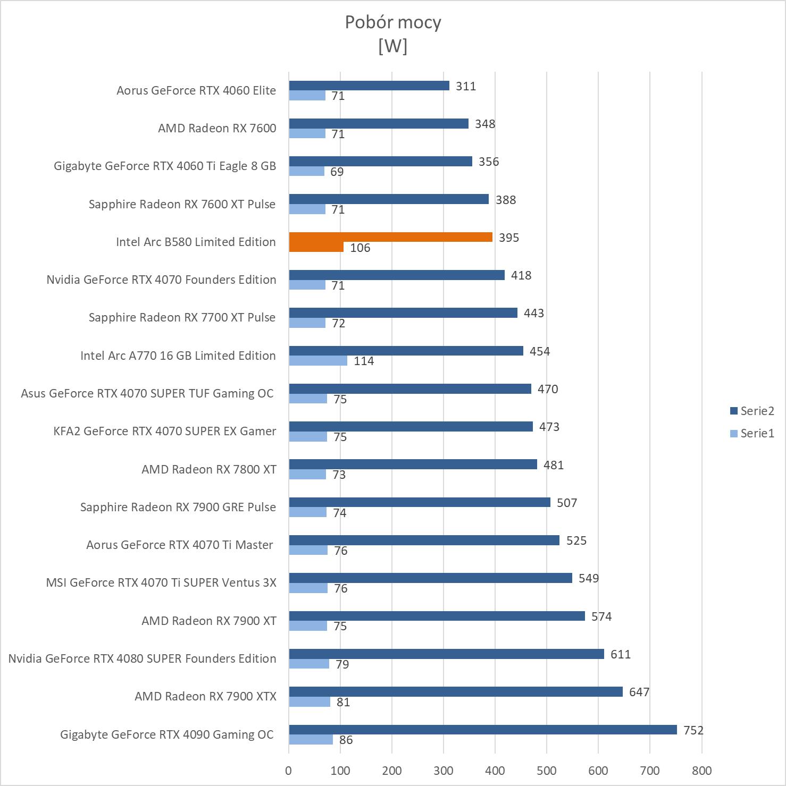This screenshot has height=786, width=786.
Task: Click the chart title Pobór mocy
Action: (x=392, y=22)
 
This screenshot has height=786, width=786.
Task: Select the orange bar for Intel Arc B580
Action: (x=390, y=238)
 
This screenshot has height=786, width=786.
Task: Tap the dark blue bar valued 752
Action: (x=482, y=730)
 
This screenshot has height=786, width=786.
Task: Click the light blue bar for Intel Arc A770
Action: (x=318, y=361)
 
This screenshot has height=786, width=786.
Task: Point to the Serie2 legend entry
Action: (x=752, y=411)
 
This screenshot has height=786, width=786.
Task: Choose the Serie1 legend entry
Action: (x=752, y=433)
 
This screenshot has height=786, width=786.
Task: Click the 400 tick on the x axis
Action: (x=495, y=771)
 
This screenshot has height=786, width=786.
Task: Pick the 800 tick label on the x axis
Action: (x=701, y=771)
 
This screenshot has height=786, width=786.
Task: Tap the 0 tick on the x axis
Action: (x=289, y=771)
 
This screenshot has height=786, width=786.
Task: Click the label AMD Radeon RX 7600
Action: (x=217, y=128)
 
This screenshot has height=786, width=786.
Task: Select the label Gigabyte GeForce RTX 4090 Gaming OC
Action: (x=166, y=734)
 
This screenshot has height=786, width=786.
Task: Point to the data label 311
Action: (x=466, y=86)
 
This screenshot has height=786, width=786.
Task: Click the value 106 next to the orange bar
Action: (x=360, y=248)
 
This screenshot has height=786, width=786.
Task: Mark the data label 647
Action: (x=639, y=692)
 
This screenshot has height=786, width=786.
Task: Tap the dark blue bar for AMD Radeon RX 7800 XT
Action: (x=413, y=464)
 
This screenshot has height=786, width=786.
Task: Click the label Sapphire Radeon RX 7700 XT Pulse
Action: (x=182, y=317)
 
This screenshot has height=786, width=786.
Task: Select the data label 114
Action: (x=364, y=361)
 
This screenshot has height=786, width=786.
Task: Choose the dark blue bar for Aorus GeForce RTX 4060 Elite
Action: (x=369, y=86)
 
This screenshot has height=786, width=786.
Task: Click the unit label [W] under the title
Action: (x=392, y=46)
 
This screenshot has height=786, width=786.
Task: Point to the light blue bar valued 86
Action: (x=311, y=740)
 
